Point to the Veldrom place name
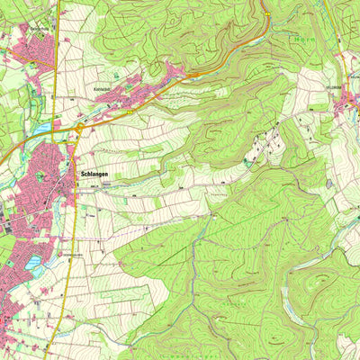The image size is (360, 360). coord(348,87)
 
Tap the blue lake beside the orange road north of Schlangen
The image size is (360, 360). coord(43,129)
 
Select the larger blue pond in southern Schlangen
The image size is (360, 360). coord(34,264)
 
